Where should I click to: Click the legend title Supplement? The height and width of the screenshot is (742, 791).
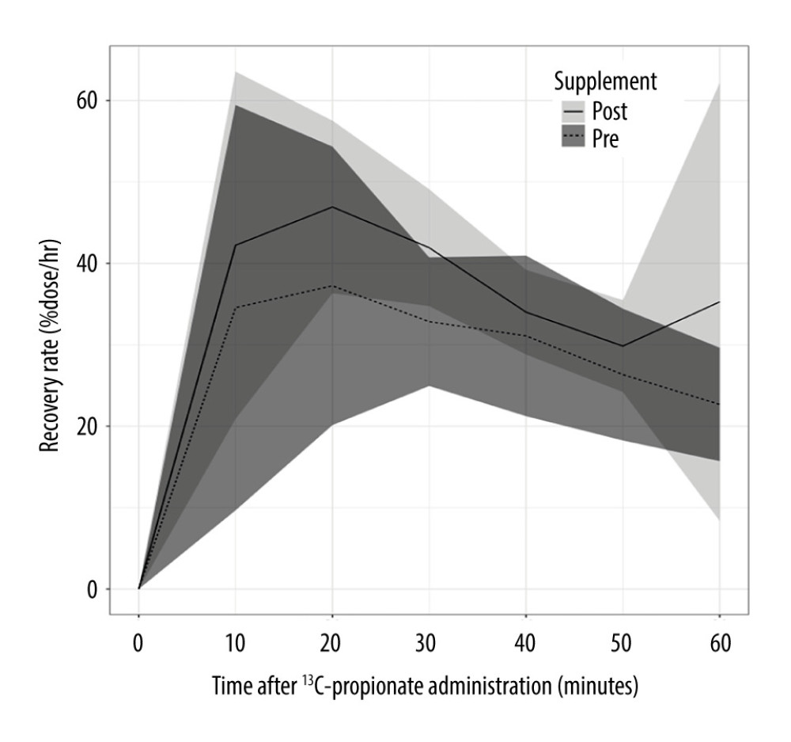pos(605,81)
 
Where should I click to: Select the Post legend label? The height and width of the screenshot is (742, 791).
pos(610,111)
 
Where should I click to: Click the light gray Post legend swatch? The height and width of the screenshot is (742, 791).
pos(570,111)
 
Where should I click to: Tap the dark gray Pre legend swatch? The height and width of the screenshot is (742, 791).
pos(570,139)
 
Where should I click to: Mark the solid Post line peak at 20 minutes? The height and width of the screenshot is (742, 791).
pos(332,207)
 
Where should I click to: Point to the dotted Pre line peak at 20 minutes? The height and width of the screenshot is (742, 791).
pos(332,286)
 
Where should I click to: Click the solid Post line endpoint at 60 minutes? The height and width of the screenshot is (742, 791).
pos(719,302)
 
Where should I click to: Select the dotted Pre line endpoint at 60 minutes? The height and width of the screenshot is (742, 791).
pos(719,405)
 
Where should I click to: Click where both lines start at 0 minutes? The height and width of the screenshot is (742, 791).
pos(139,588)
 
